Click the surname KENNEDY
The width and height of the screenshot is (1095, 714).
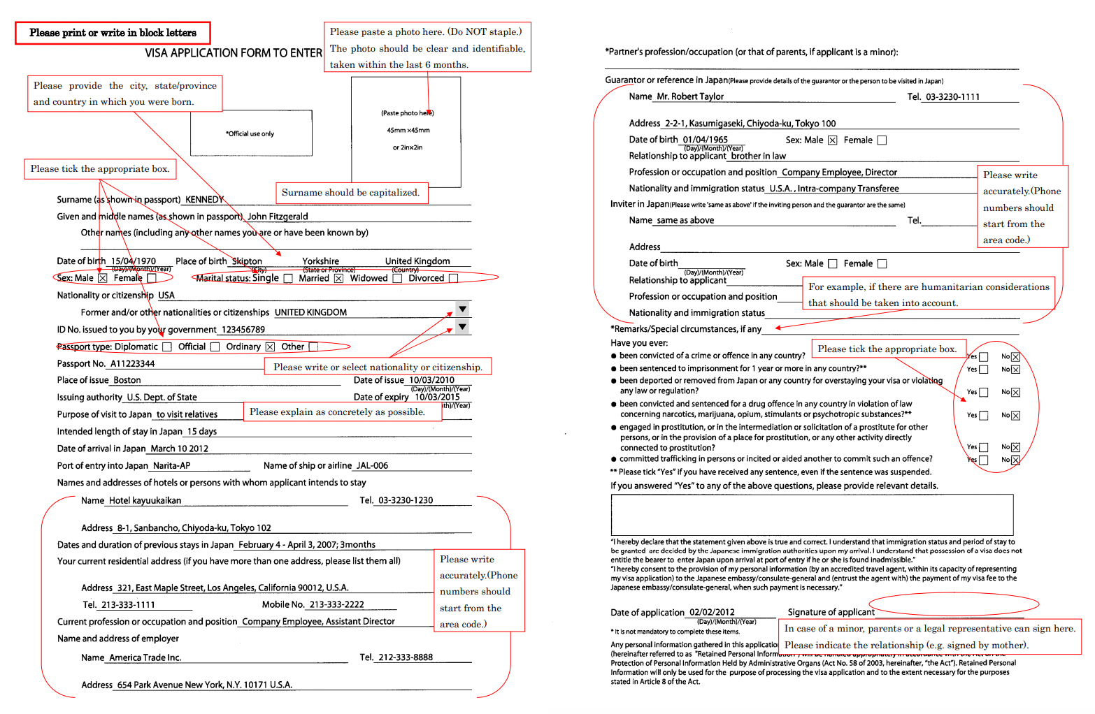coord(204,200)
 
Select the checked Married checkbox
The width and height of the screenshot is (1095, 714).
coord(338,279)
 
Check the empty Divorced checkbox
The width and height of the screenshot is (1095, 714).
coord(453,279)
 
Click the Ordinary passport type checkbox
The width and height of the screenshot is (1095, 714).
coord(270,347)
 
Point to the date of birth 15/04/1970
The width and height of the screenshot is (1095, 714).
coord(133,261)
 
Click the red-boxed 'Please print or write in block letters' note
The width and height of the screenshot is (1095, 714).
coord(113,33)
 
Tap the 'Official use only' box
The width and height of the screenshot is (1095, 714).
coord(250,133)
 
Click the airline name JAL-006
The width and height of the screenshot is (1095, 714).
coord(372,466)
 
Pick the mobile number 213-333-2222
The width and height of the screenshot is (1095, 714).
coord(336,605)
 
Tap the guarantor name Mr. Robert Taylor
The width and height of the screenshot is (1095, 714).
coord(690,97)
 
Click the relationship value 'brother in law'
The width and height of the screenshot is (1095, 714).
coord(758,156)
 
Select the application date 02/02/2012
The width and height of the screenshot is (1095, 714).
coord(712,613)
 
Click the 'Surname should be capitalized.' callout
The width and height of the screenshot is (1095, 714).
coord(350,193)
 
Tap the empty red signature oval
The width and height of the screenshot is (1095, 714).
coord(954,604)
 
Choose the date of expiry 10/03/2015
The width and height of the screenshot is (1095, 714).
coord(437,398)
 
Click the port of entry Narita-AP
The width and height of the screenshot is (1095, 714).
coord(171,466)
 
